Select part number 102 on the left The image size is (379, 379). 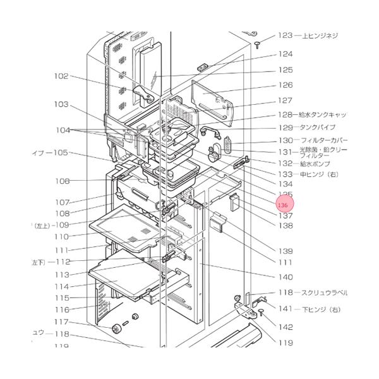[x=61, y=76]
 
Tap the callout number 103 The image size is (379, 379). [x=61, y=104]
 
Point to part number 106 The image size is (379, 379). [x=62, y=181]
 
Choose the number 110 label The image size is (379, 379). [x=61, y=236]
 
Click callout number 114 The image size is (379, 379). [x=61, y=286]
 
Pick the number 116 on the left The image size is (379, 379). [x=61, y=310]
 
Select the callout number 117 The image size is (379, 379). [x=61, y=322]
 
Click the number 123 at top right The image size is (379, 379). [x=286, y=35]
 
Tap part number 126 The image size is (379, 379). [x=286, y=85]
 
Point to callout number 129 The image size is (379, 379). [x=286, y=128]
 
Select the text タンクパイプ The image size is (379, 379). [x=322, y=128]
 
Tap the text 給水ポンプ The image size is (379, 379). [x=316, y=163]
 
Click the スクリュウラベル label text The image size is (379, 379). [x=326, y=293]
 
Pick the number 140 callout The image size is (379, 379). [x=286, y=277]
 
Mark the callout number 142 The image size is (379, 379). [x=286, y=327]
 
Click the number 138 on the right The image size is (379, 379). [x=286, y=226]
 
